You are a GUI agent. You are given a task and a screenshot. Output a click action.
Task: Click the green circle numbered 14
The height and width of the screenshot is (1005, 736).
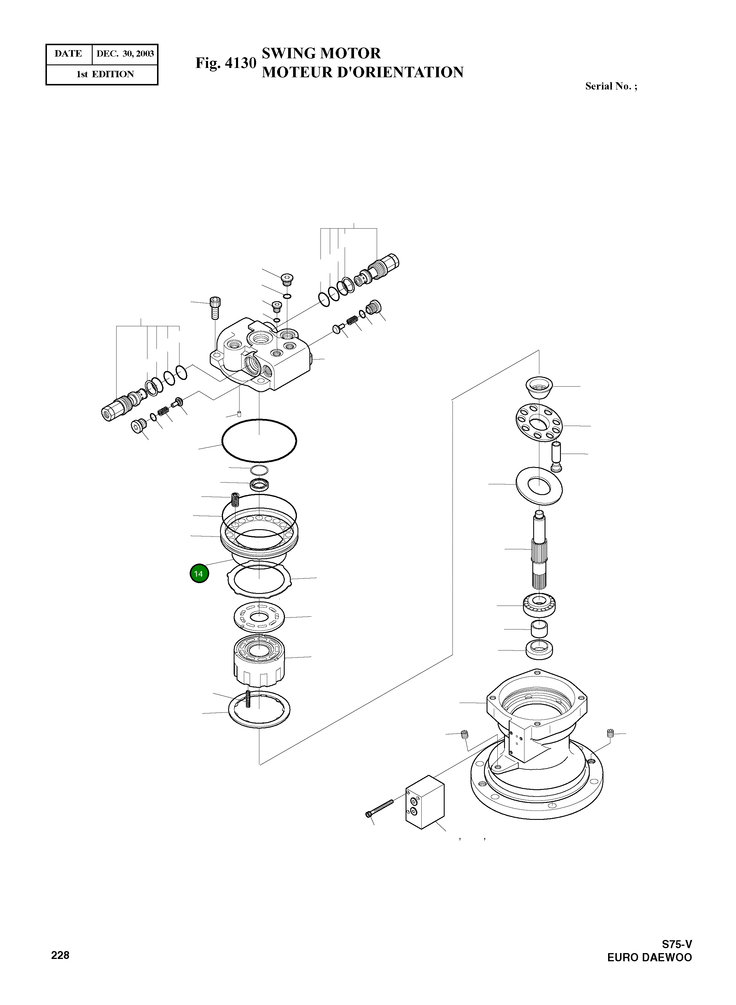pos(199,573)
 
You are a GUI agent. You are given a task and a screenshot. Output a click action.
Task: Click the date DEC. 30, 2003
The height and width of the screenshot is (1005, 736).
pos(125,54)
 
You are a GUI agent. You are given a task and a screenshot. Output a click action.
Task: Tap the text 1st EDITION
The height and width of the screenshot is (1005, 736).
pos(105,74)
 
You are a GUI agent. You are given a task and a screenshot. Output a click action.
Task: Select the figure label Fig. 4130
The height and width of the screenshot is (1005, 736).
pos(226,63)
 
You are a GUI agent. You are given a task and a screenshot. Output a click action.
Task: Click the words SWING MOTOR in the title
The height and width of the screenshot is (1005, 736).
pos(321,53)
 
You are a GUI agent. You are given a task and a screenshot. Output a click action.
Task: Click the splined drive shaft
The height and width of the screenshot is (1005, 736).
pos(540,553)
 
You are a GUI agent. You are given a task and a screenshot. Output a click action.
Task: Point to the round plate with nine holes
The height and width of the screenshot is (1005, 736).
pos(539,422)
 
